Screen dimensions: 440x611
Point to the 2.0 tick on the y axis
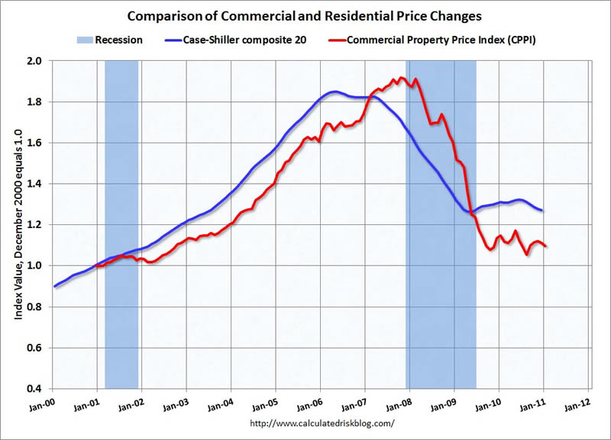(x=37, y=60)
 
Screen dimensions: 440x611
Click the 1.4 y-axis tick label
(x=37, y=184)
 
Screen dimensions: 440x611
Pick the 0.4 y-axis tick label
(x=37, y=389)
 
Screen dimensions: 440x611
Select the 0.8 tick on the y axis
(x=37, y=307)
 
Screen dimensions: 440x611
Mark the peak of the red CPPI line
(x=399, y=77)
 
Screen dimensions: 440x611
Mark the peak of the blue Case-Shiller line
(x=335, y=92)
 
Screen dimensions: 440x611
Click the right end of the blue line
(x=543, y=210)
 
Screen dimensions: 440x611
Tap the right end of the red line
(x=545, y=246)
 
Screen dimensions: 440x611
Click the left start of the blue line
(x=54, y=286)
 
